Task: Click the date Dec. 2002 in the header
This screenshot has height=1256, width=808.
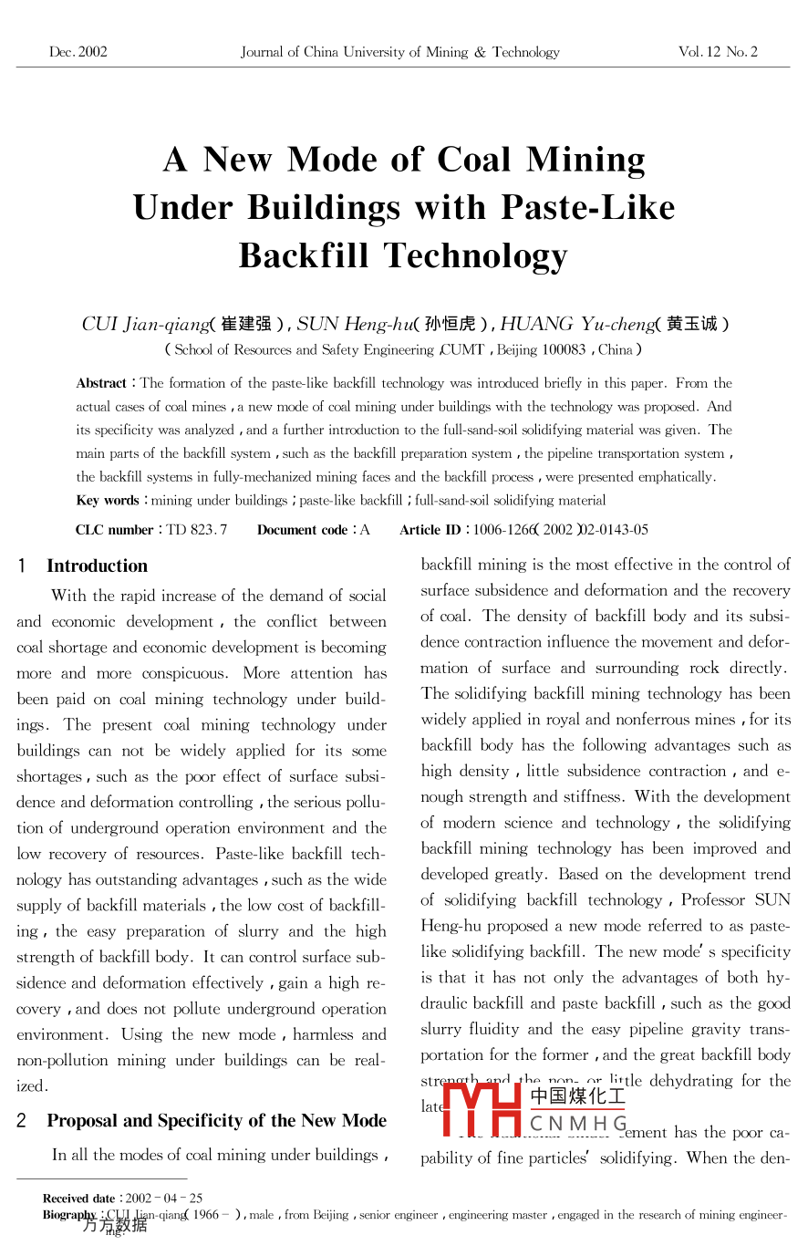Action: point(78,52)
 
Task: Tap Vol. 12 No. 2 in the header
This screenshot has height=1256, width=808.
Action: point(718,52)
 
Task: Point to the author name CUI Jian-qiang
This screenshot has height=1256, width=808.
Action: point(145,324)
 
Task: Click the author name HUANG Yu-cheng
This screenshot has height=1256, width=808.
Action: point(577,324)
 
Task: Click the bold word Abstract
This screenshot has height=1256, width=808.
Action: point(101,383)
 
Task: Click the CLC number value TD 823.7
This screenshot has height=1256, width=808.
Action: point(197,530)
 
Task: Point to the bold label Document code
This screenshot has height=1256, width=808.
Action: point(302,530)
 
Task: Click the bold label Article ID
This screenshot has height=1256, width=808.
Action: point(430,530)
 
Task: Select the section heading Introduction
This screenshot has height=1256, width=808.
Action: point(97,566)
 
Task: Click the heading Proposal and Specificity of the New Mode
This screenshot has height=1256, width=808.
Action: point(217,1121)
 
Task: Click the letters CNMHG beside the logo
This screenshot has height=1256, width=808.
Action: point(578,1123)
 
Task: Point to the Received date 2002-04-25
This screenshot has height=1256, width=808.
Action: point(164,1199)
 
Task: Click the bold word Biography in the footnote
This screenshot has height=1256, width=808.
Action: point(69,1215)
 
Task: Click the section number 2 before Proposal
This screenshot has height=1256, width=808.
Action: point(21,1121)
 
